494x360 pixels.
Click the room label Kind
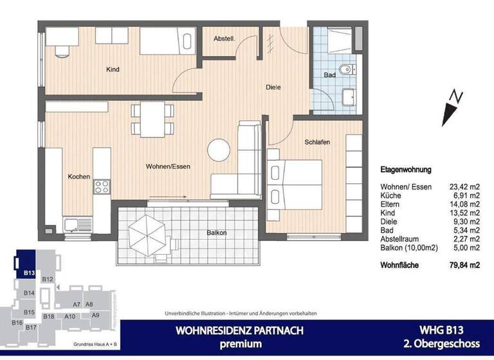pyautogui.click(x=113, y=69)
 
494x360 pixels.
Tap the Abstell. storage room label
pyautogui.click(x=224, y=40)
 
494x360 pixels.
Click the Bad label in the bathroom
pyautogui.click(x=329, y=75)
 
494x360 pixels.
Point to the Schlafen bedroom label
pyautogui.click(x=318, y=142)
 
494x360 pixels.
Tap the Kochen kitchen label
pyautogui.click(x=78, y=176)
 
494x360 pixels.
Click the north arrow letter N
pyautogui.click(x=455, y=97)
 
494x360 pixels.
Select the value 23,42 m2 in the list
pyautogui.click(x=464, y=187)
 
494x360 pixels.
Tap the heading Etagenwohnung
pyautogui.click(x=406, y=170)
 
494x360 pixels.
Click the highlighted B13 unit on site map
pyautogui.click(x=28, y=273)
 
